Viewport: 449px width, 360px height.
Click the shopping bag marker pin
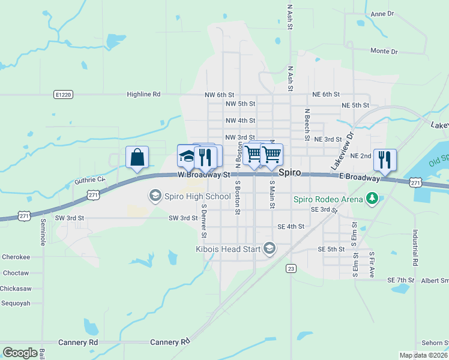click(x=137, y=158)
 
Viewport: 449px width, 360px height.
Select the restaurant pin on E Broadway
click(x=385, y=160)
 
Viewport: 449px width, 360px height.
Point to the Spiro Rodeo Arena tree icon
click(x=372, y=199)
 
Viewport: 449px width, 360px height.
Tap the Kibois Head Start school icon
click(x=270, y=248)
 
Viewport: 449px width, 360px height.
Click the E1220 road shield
click(x=62, y=94)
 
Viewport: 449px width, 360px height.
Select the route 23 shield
click(x=291, y=268)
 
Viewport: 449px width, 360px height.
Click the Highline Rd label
click(x=143, y=94)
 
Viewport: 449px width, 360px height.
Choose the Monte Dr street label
click(x=384, y=52)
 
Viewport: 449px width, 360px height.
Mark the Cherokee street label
click(x=16, y=257)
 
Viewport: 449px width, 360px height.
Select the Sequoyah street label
click(x=16, y=303)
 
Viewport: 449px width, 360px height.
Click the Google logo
click(x=20, y=353)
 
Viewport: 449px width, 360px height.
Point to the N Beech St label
click(x=306, y=124)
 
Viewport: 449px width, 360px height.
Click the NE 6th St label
click(x=326, y=94)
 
